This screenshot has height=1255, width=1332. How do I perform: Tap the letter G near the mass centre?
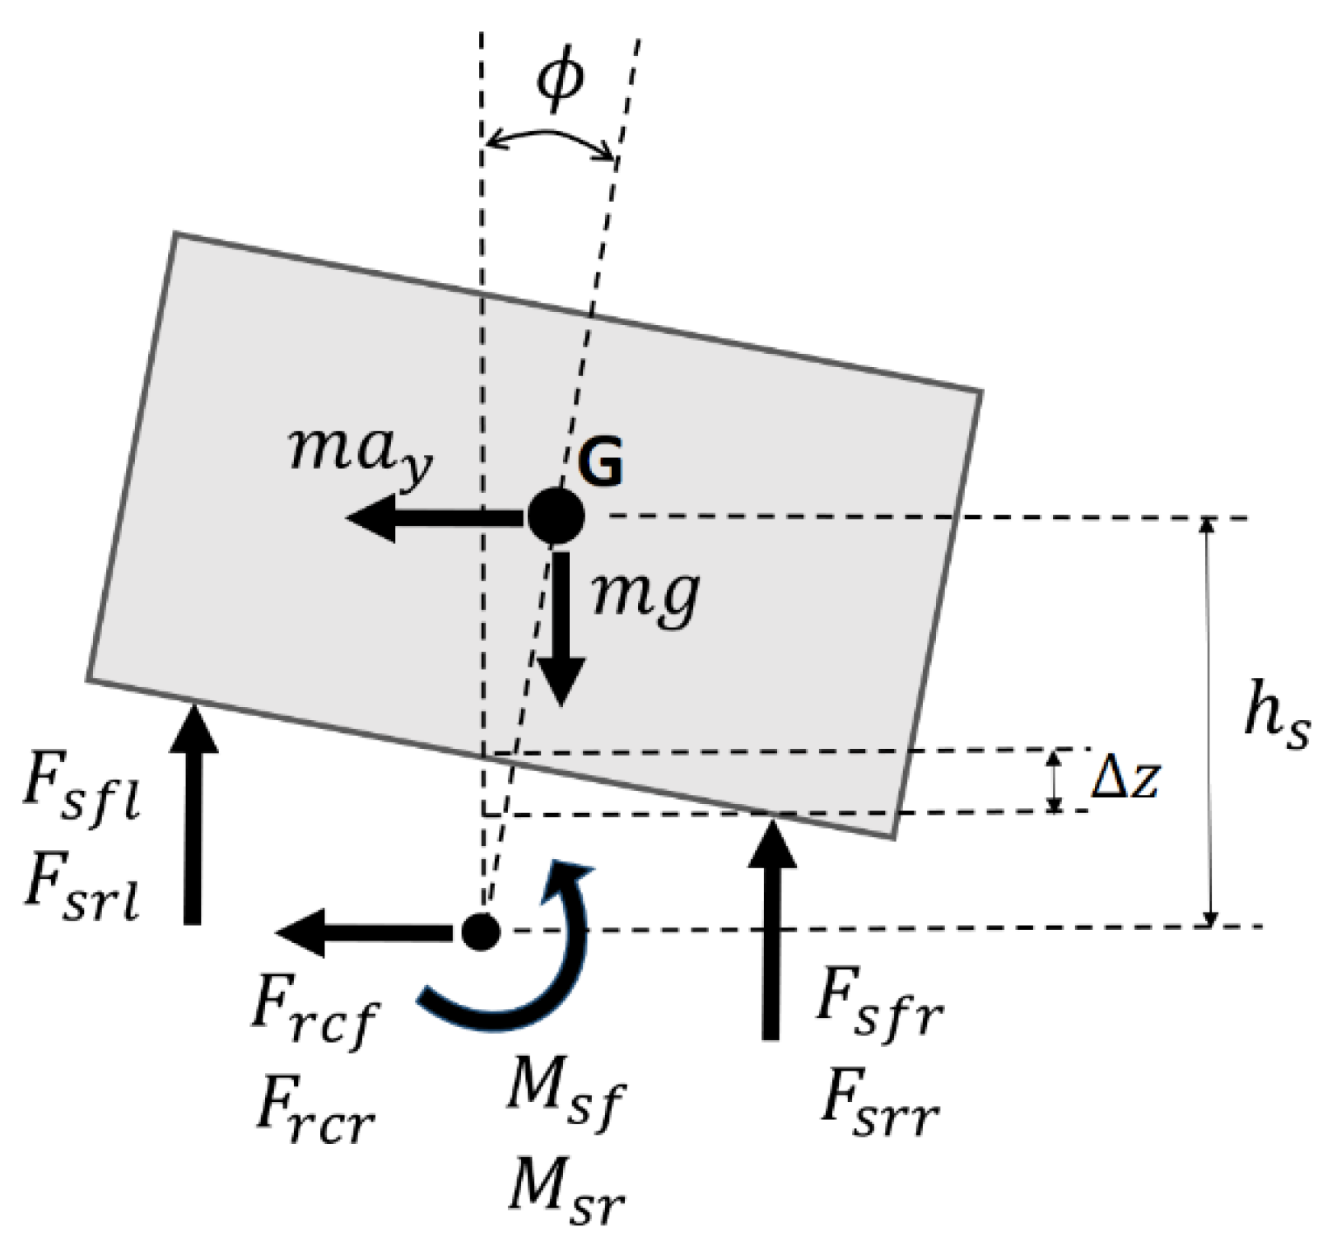click(x=600, y=463)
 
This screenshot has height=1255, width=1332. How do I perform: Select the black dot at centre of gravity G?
click(x=556, y=517)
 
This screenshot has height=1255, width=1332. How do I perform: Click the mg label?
click(x=646, y=594)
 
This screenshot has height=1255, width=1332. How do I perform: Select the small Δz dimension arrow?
click(x=1055, y=781)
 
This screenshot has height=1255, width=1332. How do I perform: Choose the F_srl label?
click(x=81, y=891)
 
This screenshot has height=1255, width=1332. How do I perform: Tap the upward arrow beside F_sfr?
click(x=771, y=930)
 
